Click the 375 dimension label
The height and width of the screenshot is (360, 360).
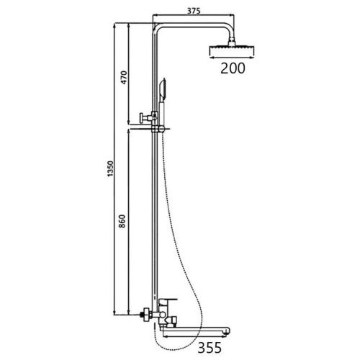pos(194,11)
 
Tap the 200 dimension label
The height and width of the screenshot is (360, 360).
pos(233,68)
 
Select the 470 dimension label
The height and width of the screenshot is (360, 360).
pos(124,77)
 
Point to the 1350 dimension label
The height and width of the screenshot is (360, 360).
pos(110,168)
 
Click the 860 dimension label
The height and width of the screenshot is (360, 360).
pos(122,221)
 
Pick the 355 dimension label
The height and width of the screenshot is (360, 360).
pos(210,348)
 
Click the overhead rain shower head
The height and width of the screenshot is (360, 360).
pos(232,50)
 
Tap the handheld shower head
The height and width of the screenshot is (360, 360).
pos(161,90)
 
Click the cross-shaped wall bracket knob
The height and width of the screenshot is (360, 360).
pos(145,118)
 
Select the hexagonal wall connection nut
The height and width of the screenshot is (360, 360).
pos(145,314)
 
